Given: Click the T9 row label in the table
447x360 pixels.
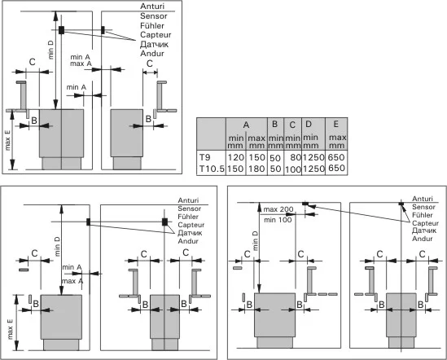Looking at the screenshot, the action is point(204,157).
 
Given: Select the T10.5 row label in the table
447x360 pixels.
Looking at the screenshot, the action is point(212,169).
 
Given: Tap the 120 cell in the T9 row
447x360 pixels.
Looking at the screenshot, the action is point(236,157).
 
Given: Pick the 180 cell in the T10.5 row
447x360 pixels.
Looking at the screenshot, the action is point(256,169).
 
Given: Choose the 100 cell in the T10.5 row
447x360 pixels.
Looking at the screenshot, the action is point(293,169).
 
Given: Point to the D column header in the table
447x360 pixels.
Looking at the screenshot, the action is point(309,124).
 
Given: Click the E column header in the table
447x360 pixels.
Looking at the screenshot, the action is point(335,124).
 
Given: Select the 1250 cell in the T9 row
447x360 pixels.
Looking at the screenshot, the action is point(313,157).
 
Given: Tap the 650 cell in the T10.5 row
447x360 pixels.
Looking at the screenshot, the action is point(336,168).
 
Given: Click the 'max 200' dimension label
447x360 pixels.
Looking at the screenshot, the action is point(278,209).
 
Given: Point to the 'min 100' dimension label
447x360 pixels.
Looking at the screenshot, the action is point(278,220).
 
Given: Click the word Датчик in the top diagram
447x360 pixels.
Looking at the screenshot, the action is point(154,44).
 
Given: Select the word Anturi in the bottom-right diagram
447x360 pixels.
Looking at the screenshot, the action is point(423,199).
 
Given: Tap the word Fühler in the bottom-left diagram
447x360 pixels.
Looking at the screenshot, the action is point(188,217).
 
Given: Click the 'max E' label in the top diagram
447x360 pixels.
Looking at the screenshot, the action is point(7,140).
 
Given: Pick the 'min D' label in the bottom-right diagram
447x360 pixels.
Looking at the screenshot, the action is point(255,241).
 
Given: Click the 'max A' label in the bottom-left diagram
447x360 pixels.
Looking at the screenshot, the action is point(72,281).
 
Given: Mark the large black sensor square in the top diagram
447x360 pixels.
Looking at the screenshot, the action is point(61,30).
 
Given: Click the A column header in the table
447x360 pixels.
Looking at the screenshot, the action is point(246,125).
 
